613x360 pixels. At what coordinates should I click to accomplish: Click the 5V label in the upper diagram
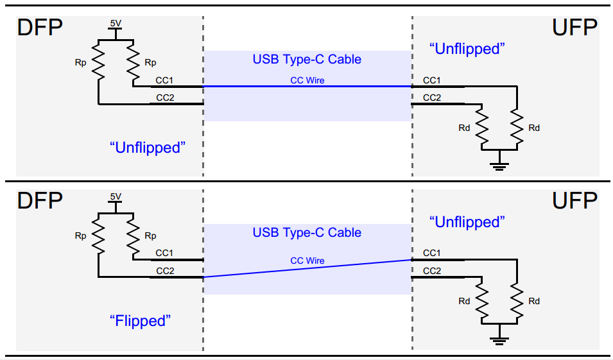coord(116,23)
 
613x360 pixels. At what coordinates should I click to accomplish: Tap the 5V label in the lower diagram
coord(116,196)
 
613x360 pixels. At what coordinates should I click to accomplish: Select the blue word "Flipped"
coord(141,320)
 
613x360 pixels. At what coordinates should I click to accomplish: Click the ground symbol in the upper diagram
coord(499,164)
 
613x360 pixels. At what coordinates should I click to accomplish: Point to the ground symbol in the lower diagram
coord(499,338)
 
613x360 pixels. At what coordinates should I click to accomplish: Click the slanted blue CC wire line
coord(307,268)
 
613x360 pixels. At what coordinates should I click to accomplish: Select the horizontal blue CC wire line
coord(307,86)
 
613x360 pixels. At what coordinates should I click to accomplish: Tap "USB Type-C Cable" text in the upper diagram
coord(307,60)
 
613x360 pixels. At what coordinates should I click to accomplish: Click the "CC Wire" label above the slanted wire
coord(307,261)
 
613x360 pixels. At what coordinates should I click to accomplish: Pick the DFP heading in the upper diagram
coord(40,28)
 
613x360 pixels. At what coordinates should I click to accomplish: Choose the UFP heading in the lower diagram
coord(574,201)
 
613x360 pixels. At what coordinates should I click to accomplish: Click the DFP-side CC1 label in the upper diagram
coord(165,80)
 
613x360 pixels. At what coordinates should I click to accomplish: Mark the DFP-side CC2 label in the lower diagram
coord(165,271)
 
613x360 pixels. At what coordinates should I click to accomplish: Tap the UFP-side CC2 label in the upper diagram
coord(431,98)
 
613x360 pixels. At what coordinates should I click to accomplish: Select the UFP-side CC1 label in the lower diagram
coord(431,253)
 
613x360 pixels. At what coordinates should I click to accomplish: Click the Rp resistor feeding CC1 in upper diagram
coord(133,59)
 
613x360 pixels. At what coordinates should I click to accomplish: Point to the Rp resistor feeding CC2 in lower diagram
coord(99,235)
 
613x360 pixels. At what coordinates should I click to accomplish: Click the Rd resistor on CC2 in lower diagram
coord(481,300)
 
